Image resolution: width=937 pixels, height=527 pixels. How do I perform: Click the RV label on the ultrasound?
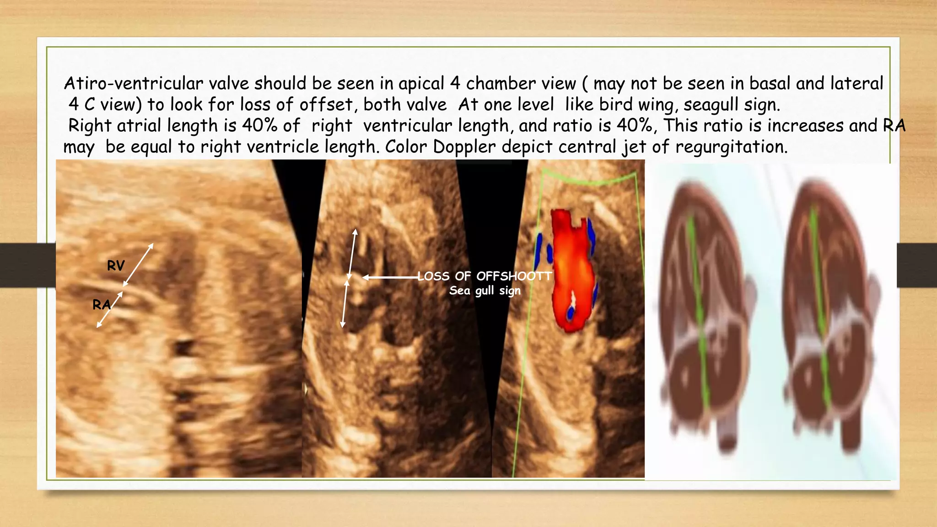[x=116, y=265]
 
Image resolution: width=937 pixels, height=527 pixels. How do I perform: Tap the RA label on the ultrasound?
[x=101, y=304]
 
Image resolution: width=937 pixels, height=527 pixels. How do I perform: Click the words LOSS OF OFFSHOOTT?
[x=485, y=276]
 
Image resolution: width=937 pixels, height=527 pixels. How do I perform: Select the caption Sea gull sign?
[x=485, y=290]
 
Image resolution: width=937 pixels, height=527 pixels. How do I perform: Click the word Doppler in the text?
[x=464, y=147]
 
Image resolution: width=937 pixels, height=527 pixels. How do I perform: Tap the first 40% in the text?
[x=259, y=125]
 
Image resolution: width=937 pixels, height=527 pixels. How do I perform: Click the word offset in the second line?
[x=326, y=105]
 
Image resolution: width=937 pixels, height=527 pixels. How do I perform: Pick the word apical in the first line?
[x=421, y=83]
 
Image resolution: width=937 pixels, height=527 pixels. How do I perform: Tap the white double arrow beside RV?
[x=138, y=265]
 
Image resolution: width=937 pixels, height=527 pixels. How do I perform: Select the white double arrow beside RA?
[x=110, y=310]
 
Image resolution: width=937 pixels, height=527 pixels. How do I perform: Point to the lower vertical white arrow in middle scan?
[x=345, y=304]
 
